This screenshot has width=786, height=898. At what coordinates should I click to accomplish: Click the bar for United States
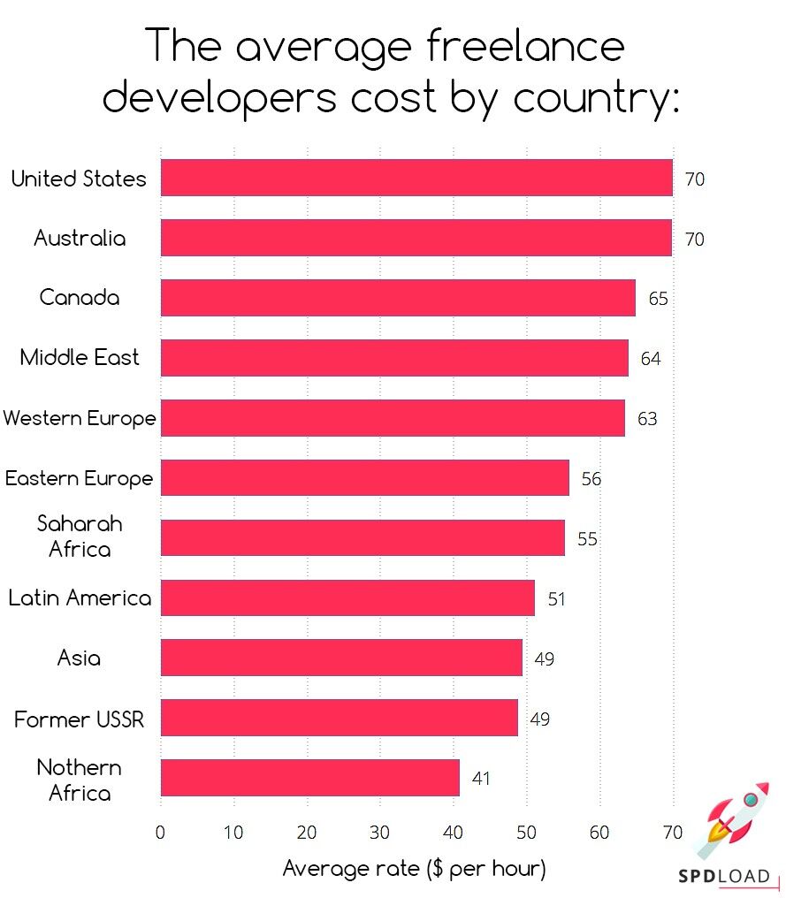tap(416, 178)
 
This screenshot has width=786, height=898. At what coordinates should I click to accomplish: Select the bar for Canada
tap(398, 298)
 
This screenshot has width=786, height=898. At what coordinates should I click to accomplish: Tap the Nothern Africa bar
tap(309, 778)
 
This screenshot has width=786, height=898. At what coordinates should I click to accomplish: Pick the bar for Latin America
tap(347, 597)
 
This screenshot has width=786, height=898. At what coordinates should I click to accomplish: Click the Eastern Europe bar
tap(364, 478)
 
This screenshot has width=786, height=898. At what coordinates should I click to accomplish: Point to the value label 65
tap(658, 299)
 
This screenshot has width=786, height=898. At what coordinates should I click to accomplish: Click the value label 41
tap(480, 779)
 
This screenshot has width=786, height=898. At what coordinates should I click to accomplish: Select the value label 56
tap(591, 479)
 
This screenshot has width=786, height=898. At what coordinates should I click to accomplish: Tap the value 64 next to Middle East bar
tap(650, 359)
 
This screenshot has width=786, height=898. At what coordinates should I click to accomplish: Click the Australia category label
tap(80, 239)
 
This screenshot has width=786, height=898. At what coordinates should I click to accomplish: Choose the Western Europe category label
tap(80, 418)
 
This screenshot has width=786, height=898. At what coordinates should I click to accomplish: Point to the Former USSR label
tap(80, 719)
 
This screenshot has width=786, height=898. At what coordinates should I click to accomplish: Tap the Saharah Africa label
tap(80, 537)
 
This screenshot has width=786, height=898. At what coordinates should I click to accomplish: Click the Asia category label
tap(80, 658)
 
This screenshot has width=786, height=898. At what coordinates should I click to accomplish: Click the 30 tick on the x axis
tap(379, 832)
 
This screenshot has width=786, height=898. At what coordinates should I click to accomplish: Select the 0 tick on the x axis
tap(160, 832)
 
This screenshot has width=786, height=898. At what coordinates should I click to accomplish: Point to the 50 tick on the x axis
tap(526, 832)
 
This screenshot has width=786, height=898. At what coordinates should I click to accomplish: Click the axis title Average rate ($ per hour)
tap(414, 869)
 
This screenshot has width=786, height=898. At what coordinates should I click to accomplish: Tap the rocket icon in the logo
tap(733, 818)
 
